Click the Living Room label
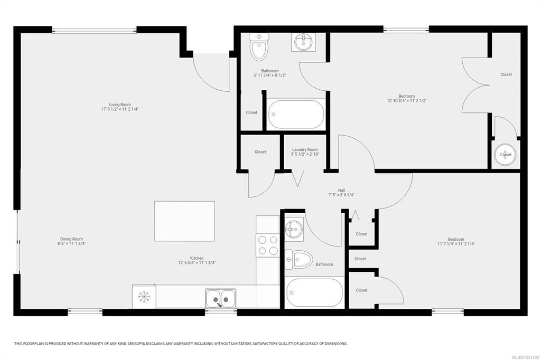120,105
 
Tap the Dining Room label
71,239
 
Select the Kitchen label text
197,258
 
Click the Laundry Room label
305,150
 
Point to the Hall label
342,191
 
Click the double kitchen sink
221,299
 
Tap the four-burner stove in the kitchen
268,245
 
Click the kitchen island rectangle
184,221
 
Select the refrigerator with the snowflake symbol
144,297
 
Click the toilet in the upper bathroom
259,46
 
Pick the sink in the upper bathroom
304,42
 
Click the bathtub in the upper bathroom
296,114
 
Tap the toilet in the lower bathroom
299,259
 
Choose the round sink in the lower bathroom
294,229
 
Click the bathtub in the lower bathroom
314,292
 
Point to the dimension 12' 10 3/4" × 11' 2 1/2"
407,101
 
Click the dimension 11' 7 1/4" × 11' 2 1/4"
456,244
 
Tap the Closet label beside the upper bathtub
251,112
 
